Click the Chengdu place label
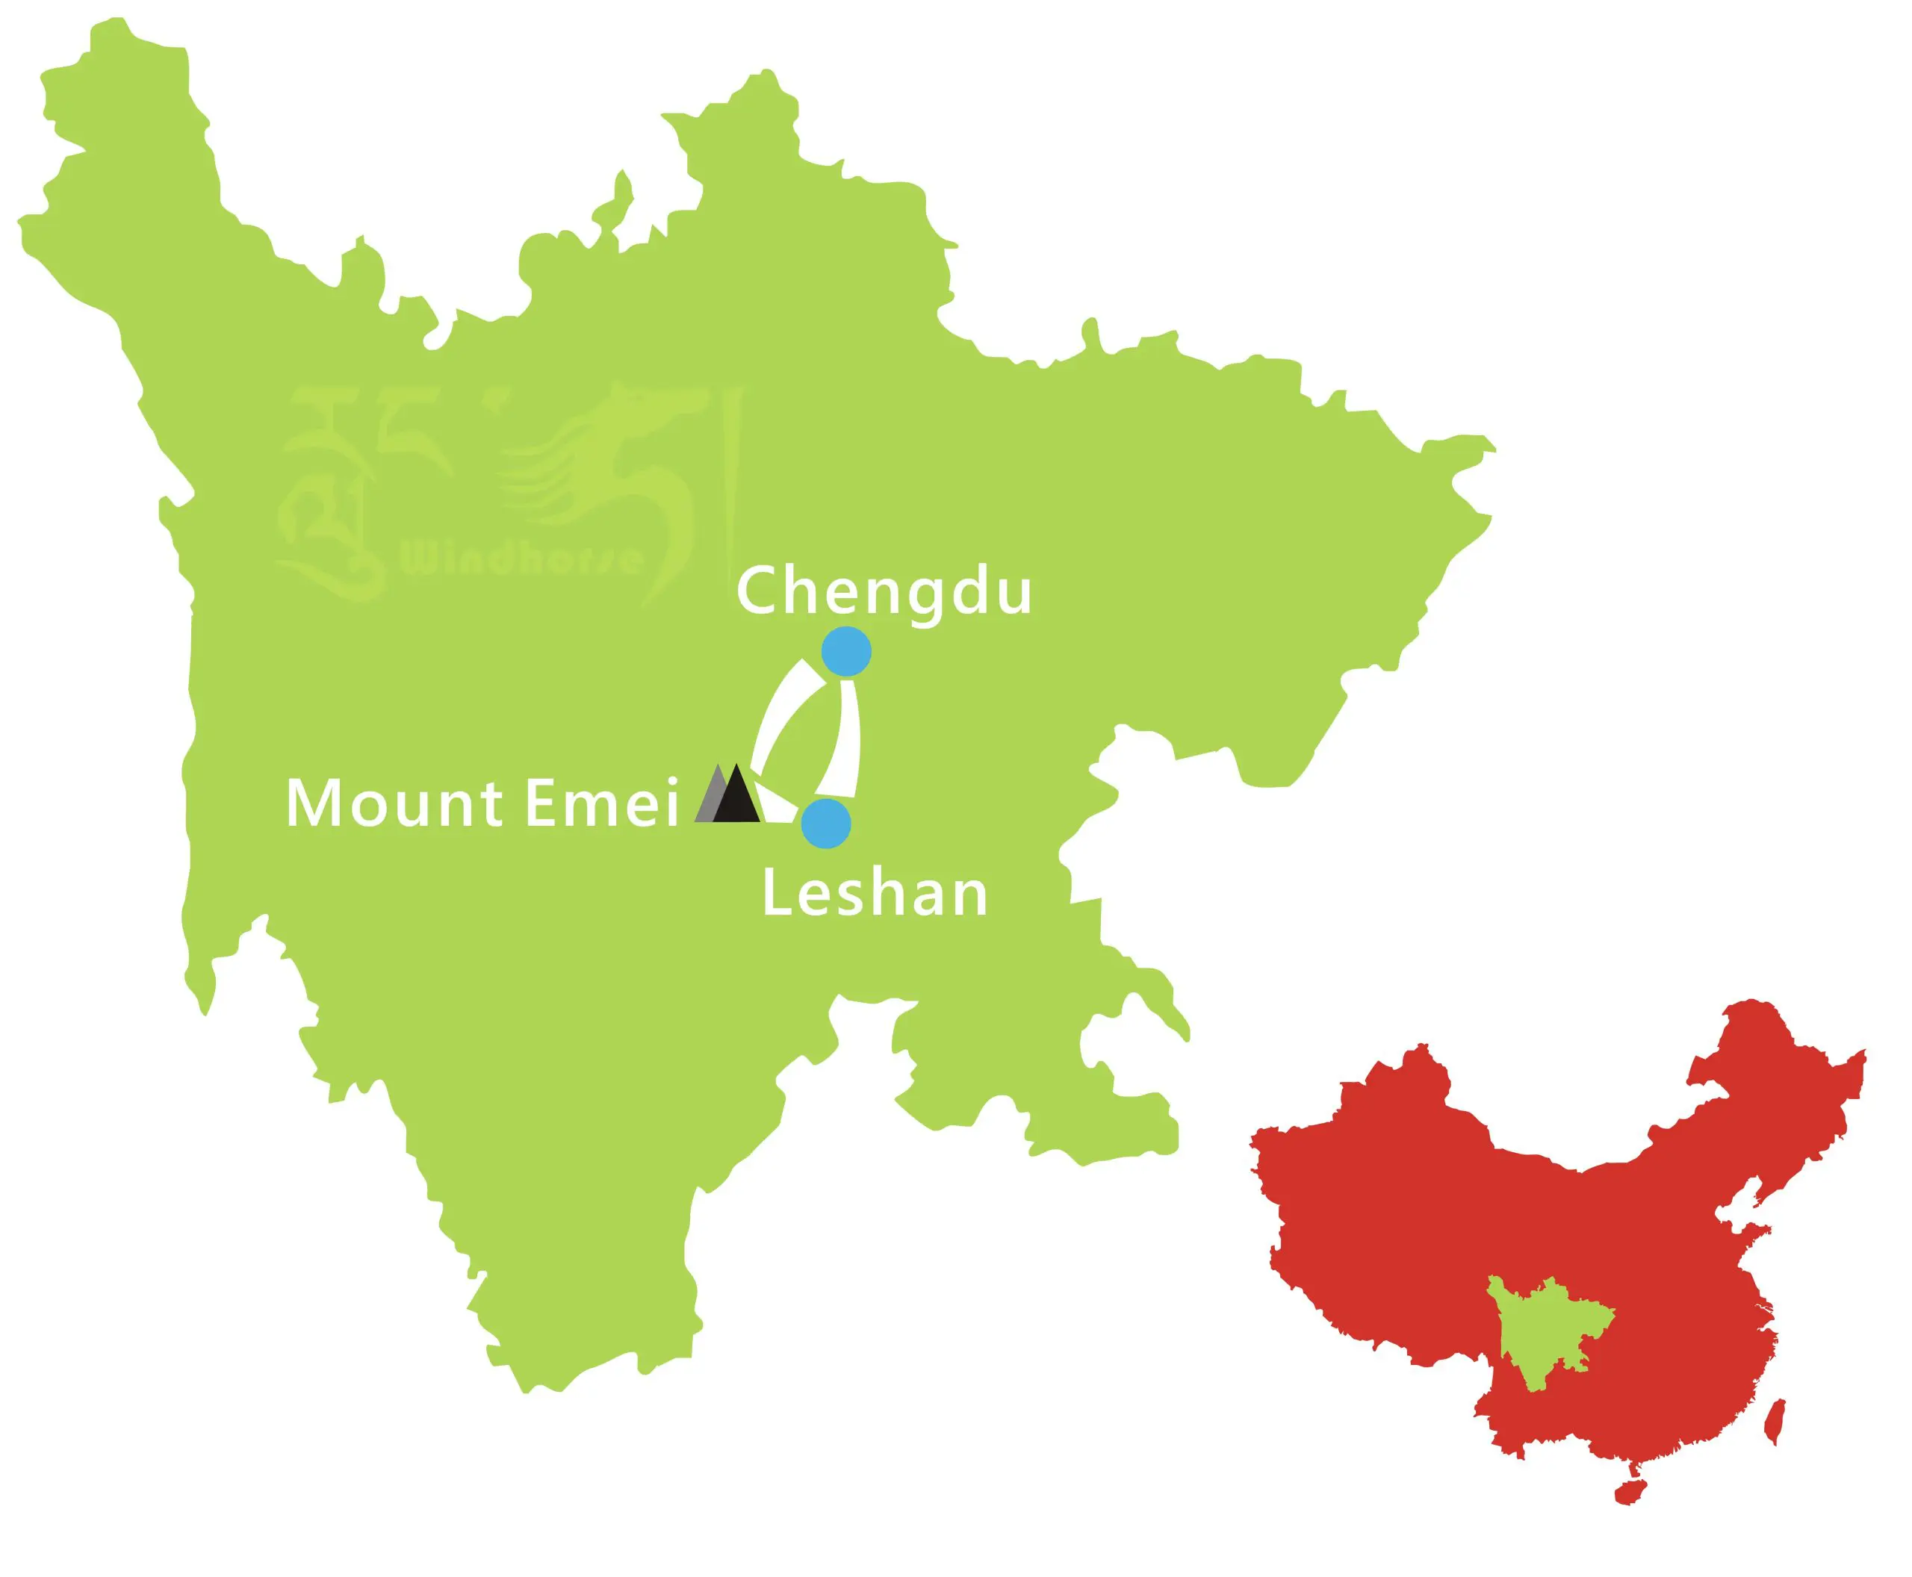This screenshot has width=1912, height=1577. pos(884,591)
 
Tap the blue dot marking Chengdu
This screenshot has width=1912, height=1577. pos(846,651)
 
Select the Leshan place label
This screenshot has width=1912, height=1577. pos(874,893)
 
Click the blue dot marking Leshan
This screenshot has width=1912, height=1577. pos(826,824)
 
